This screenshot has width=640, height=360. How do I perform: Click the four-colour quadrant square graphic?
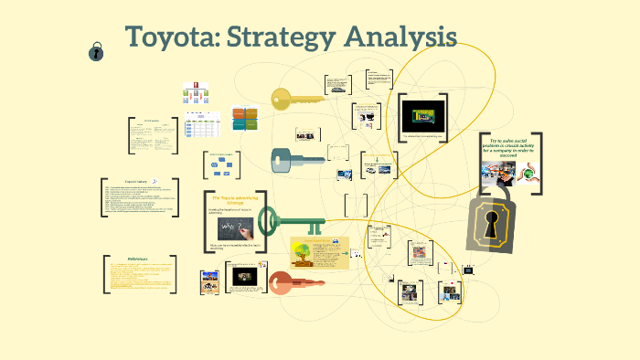[x=245, y=119]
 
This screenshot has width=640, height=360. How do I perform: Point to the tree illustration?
[x=305, y=255]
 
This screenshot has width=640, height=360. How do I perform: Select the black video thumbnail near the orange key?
[x=244, y=275]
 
